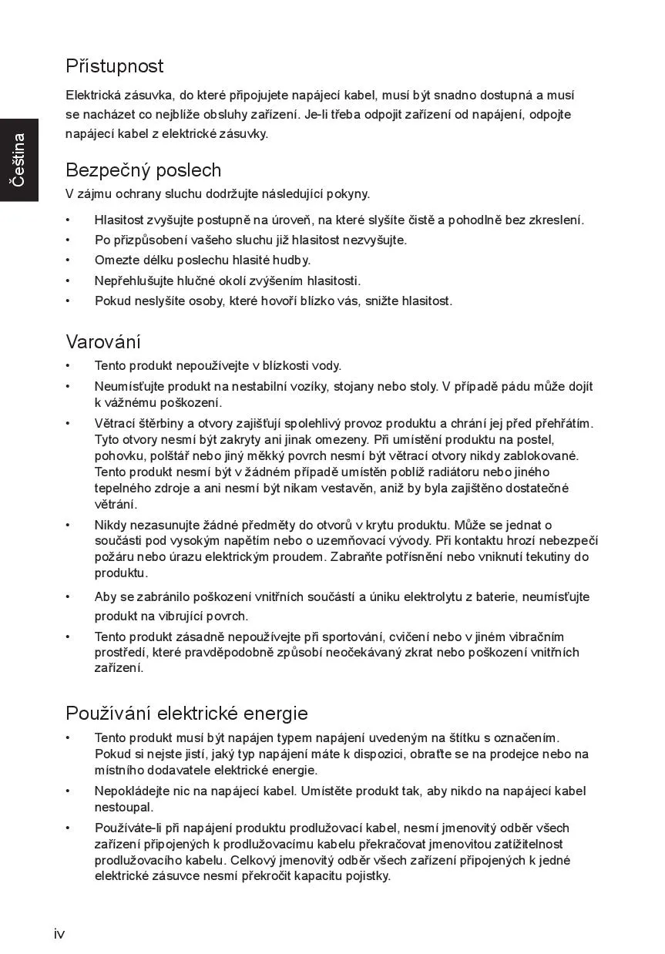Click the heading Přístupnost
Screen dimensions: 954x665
(x=115, y=66)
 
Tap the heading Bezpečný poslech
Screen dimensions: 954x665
(x=143, y=170)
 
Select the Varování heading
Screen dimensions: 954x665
(x=103, y=341)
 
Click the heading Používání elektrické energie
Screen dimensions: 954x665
(x=186, y=713)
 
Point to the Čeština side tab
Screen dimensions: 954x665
(x=18, y=160)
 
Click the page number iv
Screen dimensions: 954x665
(x=59, y=934)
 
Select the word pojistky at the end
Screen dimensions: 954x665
(x=368, y=876)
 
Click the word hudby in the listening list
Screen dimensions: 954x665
(x=291, y=260)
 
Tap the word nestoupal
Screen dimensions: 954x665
(x=124, y=808)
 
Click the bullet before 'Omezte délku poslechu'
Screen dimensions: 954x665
(x=68, y=260)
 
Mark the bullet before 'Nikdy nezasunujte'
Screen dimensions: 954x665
(x=68, y=525)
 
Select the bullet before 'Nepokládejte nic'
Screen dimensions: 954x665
(x=68, y=791)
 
